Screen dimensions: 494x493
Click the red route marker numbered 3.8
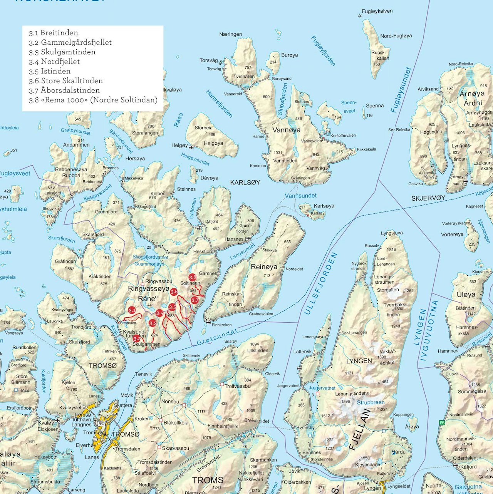tap(193, 277)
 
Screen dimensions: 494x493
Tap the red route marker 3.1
tap(132, 310)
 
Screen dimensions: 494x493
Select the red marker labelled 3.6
tap(174, 292)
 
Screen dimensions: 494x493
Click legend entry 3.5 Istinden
tap(50, 71)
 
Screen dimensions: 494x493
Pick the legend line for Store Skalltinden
tap(66, 81)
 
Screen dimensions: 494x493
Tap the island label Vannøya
tap(286, 130)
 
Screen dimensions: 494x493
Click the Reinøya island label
tap(264, 267)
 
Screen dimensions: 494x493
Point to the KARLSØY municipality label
tap(245, 183)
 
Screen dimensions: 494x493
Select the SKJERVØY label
tap(428, 198)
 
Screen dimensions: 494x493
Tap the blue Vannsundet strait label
tap(301, 196)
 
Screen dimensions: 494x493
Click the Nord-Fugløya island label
tap(396, 36)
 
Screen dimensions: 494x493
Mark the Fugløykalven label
tap(377, 11)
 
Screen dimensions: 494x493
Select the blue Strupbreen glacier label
tap(371, 402)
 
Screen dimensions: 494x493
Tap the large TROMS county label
tap(208, 480)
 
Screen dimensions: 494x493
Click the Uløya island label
tap(466, 295)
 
